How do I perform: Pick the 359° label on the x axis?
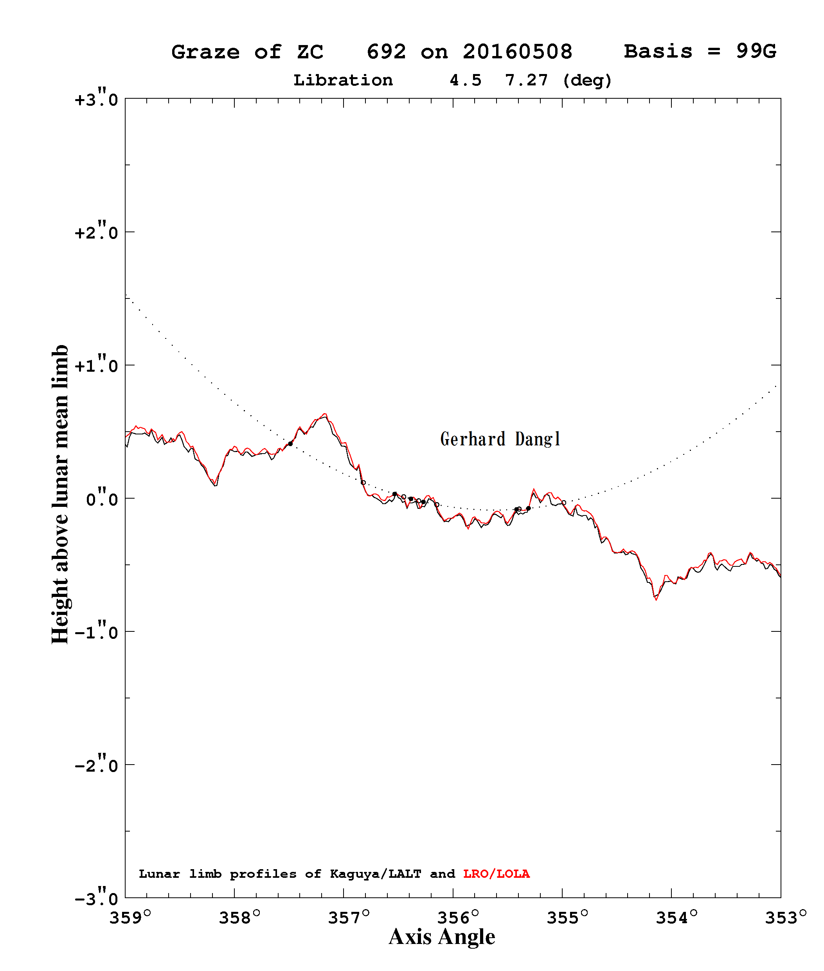[130, 918]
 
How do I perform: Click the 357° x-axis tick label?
[349, 918]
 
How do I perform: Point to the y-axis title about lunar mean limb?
[60, 495]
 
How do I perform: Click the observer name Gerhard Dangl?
[500, 439]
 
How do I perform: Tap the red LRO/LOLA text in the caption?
[497, 874]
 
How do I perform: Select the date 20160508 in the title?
[518, 52]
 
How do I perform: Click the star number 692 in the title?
[386, 52]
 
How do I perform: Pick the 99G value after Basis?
[756, 51]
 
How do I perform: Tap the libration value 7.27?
[527, 80]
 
